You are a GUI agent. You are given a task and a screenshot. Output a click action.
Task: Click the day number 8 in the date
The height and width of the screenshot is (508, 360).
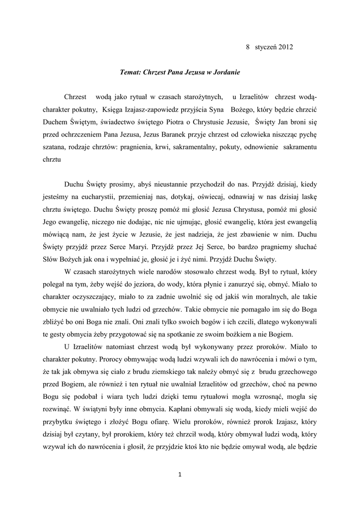click(x=248, y=47)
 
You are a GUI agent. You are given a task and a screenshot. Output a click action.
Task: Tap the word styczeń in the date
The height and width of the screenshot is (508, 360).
click(x=265, y=47)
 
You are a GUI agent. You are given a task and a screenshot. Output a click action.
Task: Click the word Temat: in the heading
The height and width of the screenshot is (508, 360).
click(x=131, y=72)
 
